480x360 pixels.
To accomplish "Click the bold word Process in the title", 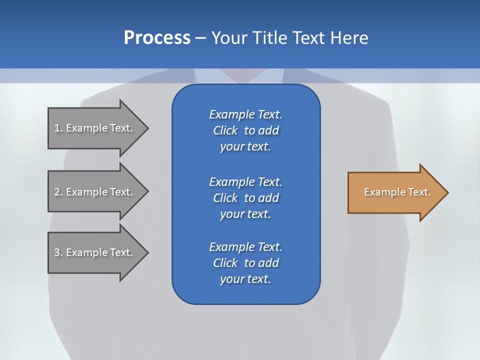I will (157, 38).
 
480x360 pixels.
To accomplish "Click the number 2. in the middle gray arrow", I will (58, 192).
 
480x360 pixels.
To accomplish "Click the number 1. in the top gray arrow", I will (58, 128).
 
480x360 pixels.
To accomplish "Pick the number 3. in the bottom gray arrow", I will (58, 252).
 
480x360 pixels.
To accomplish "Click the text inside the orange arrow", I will (397, 192).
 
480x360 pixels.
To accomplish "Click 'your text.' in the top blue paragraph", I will (245, 147).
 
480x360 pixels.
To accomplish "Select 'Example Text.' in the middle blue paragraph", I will (245, 182).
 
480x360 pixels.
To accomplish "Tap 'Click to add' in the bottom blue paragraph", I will (245, 263).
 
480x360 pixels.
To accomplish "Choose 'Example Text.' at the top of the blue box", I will (245, 114).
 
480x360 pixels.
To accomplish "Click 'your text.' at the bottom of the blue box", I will (245, 279).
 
